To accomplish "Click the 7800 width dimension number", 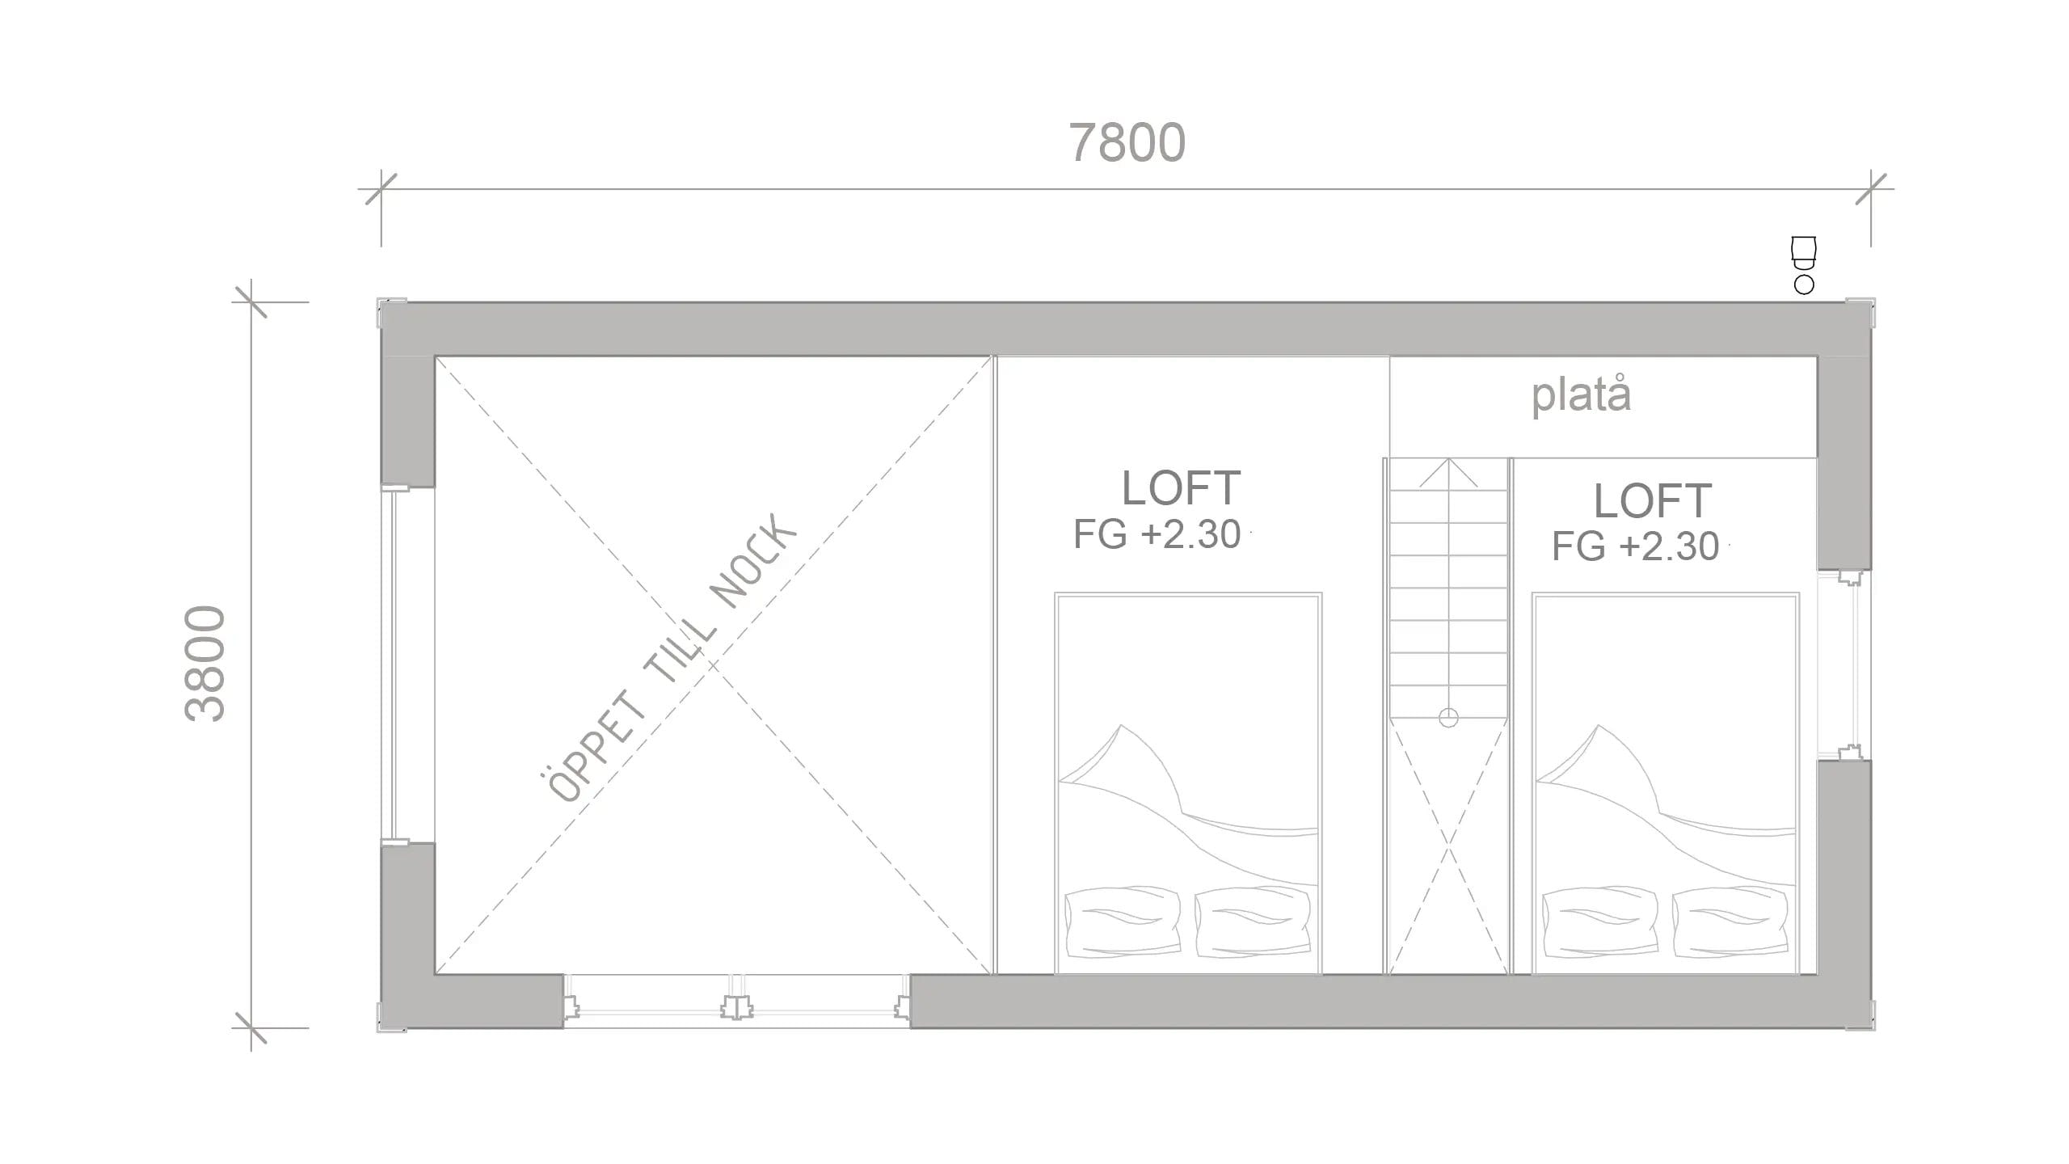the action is pyautogui.click(x=1127, y=143).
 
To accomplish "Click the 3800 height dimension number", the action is pyautogui.click(x=204, y=663).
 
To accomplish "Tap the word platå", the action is pyautogui.click(x=1582, y=395).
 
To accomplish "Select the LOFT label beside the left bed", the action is pyautogui.click(x=1181, y=487).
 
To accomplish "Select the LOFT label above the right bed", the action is pyautogui.click(x=1653, y=500).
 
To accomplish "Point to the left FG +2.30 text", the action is pyautogui.click(x=1157, y=534).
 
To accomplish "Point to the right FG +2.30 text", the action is pyautogui.click(x=1635, y=546).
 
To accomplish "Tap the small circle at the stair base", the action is pyautogui.click(x=1448, y=717).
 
